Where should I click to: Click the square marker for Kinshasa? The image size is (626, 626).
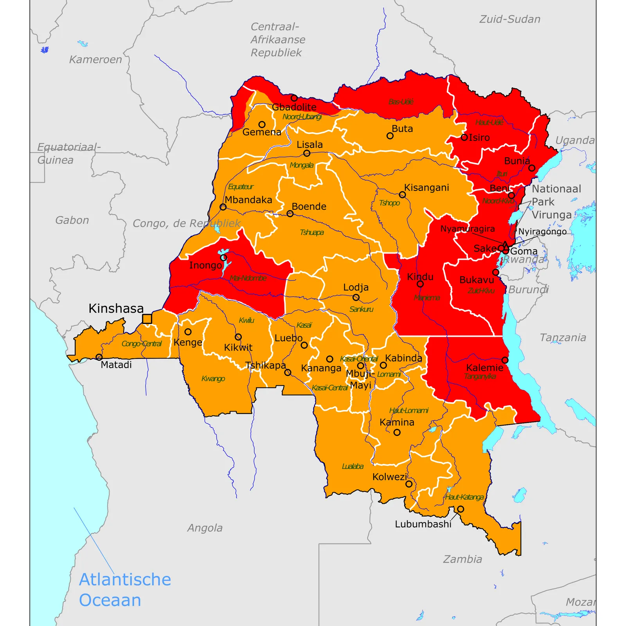pyautogui.click(x=147, y=319)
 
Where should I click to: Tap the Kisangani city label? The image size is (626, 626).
pyautogui.click(x=426, y=188)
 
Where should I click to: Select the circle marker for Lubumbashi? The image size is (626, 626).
pyautogui.click(x=461, y=509)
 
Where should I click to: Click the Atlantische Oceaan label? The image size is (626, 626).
pyautogui.click(x=125, y=590)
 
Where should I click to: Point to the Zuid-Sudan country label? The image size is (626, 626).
pyautogui.click(x=510, y=19)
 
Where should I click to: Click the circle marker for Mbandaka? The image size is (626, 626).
pyautogui.click(x=223, y=207)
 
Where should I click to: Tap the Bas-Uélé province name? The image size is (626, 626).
pyautogui.click(x=401, y=102)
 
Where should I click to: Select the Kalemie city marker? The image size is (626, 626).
pyautogui.click(x=505, y=360)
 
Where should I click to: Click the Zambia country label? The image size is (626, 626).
pyautogui.click(x=462, y=559)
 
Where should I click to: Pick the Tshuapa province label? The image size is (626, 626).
pyautogui.click(x=311, y=232)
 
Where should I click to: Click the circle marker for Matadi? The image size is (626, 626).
pyautogui.click(x=99, y=357)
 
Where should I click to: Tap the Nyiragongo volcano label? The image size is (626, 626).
pyautogui.click(x=542, y=232)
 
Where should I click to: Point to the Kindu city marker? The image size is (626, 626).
pyautogui.click(x=420, y=284)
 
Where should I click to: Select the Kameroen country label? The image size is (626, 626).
pyautogui.click(x=95, y=59)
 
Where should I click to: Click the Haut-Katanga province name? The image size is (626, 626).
pyautogui.click(x=464, y=497)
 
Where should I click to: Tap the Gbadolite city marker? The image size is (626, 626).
pyautogui.click(x=294, y=98)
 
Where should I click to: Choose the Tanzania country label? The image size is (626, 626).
pyautogui.click(x=563, y=338)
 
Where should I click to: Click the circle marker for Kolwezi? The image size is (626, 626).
pyautogui.click(x=409, y=484)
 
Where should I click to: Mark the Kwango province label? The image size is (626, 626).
pyautogui.click(x=213, y=379)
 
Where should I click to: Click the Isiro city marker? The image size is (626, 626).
pyautogui.click(x=464, y=137)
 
